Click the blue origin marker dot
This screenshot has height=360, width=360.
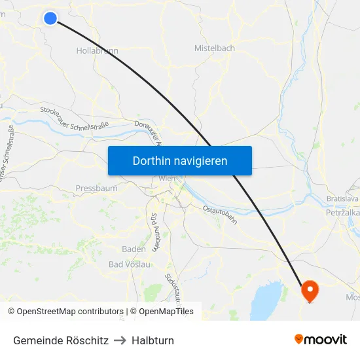50,18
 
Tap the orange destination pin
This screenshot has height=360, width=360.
309,289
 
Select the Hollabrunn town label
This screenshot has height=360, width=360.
98,50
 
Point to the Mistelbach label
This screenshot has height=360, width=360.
215,48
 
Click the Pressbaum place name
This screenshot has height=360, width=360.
96,189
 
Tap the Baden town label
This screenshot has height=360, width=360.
134,249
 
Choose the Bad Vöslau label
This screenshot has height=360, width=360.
130,264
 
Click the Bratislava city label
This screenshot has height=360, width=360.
342,198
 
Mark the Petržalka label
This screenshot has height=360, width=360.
342,213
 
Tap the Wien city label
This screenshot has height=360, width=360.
167,178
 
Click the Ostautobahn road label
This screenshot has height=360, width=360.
219,214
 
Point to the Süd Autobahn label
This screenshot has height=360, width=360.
155,232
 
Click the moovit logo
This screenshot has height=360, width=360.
321,340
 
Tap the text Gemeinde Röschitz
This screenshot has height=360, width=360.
61,340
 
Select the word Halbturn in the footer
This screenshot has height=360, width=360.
153,340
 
